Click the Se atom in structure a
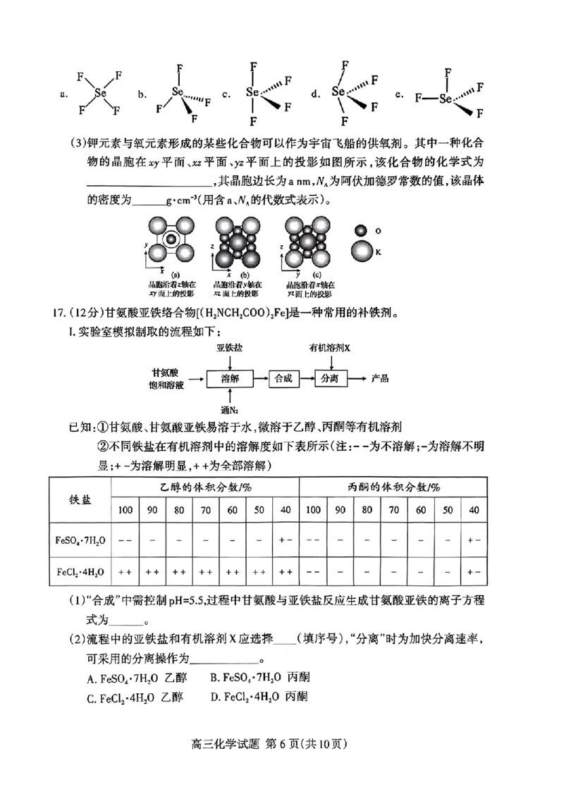click(100, 92)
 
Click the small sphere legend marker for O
click(360, 230)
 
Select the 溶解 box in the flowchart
click(230, 378)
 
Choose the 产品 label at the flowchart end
click(380, 378)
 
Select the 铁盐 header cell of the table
click(80, 499)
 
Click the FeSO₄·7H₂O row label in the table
click(80, 540)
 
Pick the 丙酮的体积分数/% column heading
click(394, 487)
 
